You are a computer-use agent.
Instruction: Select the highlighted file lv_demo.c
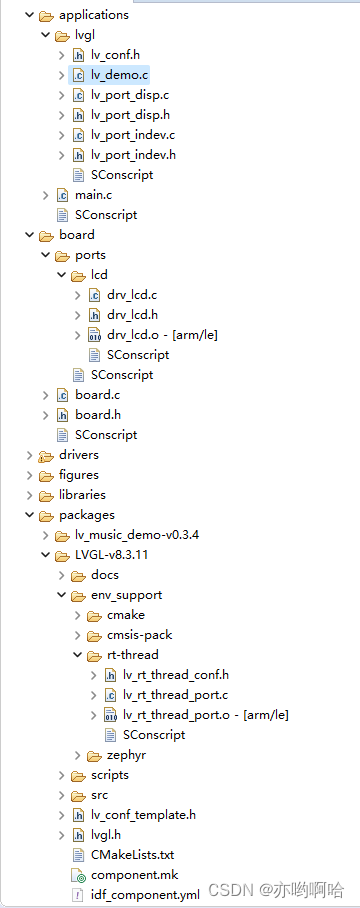pos(119,75)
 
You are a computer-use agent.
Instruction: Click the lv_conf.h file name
pos(115,55)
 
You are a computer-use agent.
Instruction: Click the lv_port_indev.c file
pos(132,135)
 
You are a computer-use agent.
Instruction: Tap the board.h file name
pos(97,415)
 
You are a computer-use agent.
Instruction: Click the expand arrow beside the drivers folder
pos(28,455)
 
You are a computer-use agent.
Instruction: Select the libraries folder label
pos(82,495)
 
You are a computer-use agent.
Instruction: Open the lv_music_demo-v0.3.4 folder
pos(136,535)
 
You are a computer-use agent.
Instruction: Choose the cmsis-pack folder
pos(141,635)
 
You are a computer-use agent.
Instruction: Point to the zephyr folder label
pos(126,755)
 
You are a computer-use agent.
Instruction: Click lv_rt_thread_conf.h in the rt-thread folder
pos(175,675)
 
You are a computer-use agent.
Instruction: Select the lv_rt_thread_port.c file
pos(175,695)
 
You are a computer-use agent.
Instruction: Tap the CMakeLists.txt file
pos(132,855)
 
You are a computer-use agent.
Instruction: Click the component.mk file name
pos(134,875)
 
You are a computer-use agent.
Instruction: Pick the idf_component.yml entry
pos(144,895)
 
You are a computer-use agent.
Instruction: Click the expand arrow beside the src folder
pos(60,795)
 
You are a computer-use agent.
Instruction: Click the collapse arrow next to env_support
pos(60,595)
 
